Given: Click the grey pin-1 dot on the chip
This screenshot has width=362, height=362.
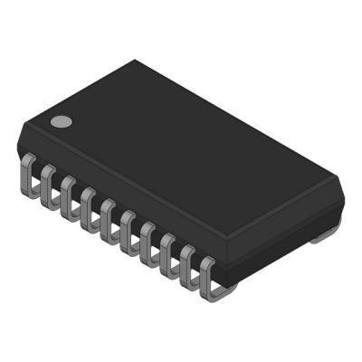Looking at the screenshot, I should tap(61, 121).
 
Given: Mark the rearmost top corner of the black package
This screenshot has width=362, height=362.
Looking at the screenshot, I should tap(136, 61).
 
